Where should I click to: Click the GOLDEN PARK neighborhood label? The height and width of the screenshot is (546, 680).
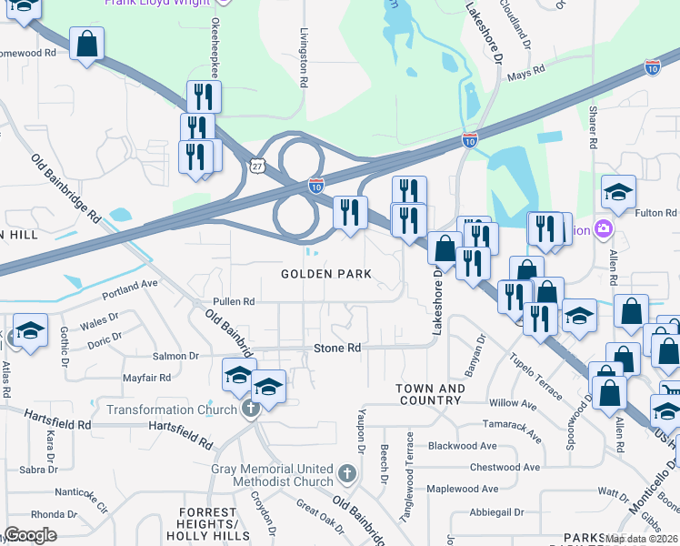pyautogui.click(x=325, y=274)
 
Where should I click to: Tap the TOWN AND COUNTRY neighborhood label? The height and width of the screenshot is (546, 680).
pyautogui.click(x=430, y=394)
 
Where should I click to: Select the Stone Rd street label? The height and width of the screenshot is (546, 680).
pyautogui.click(x=337, y=348)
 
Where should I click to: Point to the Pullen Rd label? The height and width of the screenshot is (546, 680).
pyautogui.click(x=234, y=301)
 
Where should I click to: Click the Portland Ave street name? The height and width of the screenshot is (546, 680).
pyautogui.click(x=130, y=289)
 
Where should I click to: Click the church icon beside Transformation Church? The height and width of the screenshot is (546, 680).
pyautogui.click(x=249, y=409)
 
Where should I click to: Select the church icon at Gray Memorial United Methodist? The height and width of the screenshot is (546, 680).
pyautogui.click(x=345, y=473)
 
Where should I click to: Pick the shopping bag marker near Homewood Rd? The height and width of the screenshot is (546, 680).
pyautogui.click(x=86, y=44)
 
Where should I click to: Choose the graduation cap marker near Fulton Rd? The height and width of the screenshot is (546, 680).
pyautogui.click(x=618, y=192)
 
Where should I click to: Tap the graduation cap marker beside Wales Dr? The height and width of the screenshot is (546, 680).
pyautogui.click(x=30, y=329)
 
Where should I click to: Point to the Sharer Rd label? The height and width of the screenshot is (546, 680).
pyautogui.click(x=592, y=128)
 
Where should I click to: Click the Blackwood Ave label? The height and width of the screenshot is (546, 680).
pyautogui.click(x=463, y=446)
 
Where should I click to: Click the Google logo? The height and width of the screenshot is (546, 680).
pyautogui.click(x=30, y=535)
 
